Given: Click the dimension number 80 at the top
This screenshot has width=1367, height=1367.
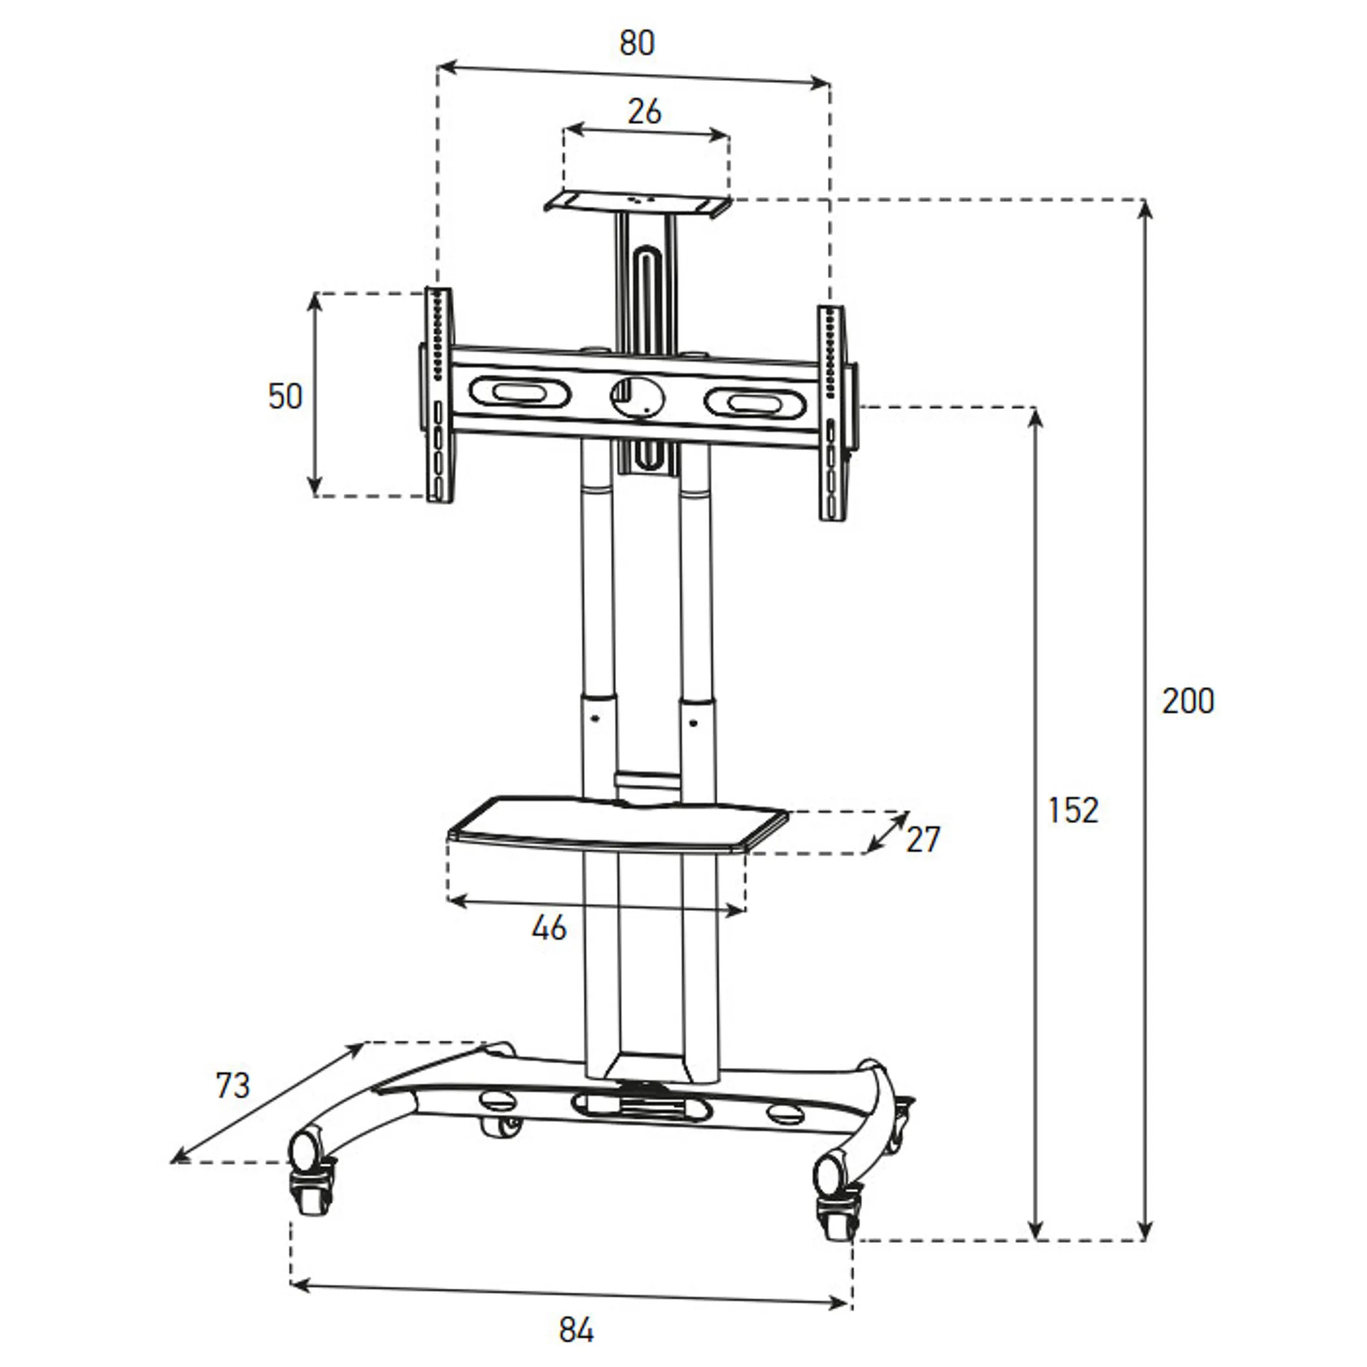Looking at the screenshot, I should click(637, 44).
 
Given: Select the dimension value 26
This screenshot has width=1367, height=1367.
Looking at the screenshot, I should click(644, 112).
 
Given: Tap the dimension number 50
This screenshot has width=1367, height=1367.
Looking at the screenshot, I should click(285, 396).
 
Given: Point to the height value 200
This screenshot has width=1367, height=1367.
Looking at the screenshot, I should click(1188, 701).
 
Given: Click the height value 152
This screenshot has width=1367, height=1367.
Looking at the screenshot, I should click(1073, 810).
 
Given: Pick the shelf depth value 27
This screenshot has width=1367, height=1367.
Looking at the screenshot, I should click(923, 840).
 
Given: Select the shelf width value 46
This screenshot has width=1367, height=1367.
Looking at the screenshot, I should click(549, 928).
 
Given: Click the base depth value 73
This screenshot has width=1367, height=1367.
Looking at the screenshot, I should click(233, 1085).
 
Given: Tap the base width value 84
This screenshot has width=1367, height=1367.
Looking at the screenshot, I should click(576, 1331).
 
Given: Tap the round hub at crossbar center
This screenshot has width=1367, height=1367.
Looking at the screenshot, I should click(637, 397).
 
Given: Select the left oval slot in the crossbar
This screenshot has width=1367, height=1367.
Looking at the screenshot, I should click(519, 392).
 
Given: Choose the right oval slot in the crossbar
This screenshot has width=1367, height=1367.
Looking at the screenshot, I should click(754, 403).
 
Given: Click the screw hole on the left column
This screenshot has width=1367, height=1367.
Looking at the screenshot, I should click(594, 719).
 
